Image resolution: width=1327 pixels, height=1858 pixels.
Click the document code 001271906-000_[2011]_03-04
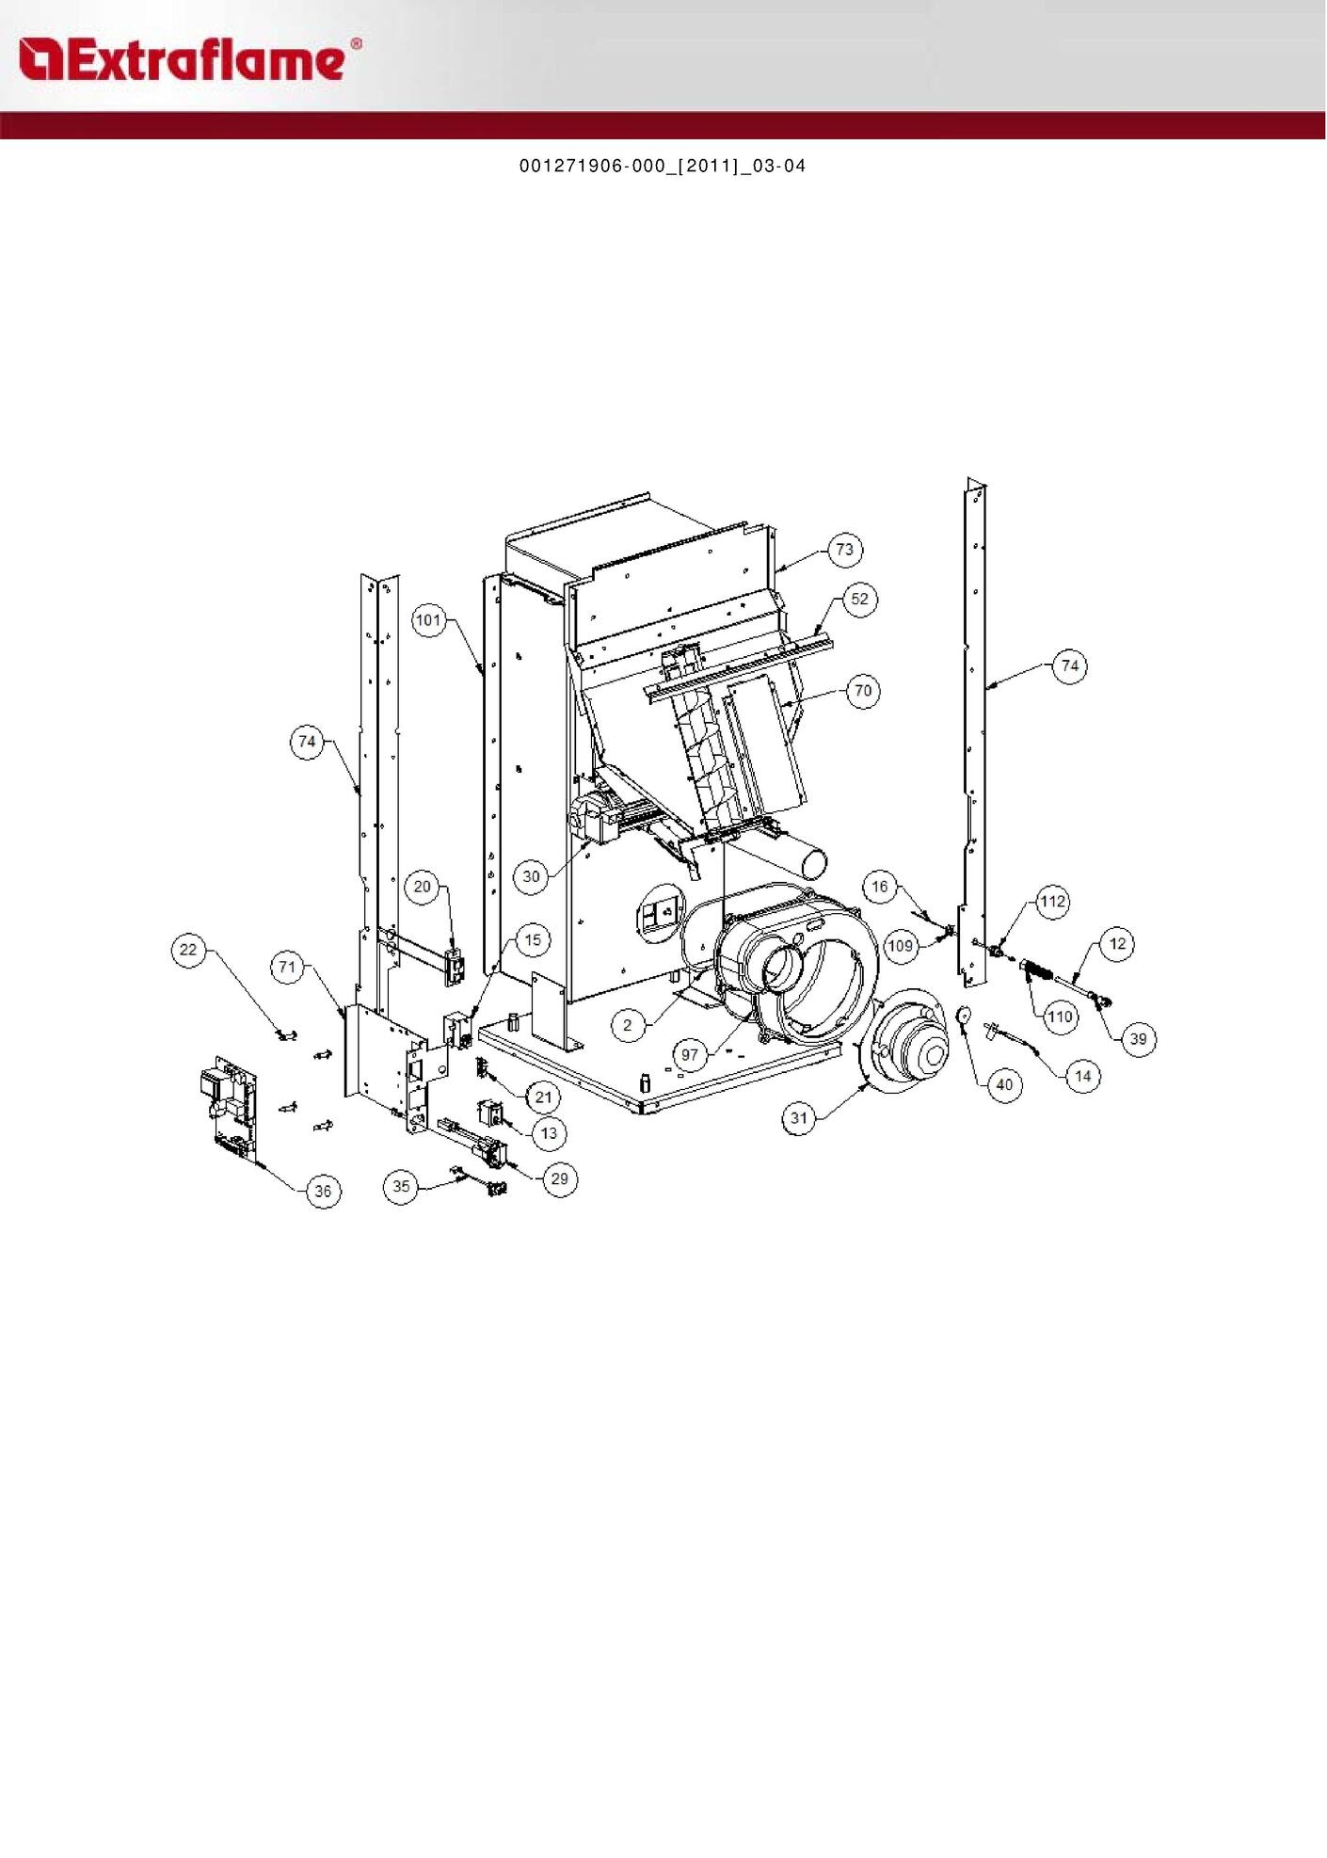pyautogui.click(x=663, y=167)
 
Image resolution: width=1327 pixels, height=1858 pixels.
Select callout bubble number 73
pyautogui.click(x=844, y=550)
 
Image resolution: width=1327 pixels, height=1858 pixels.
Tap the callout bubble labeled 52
pyautogui.click(x=859, y=600)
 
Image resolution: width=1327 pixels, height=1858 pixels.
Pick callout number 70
pyautogui.click(x=862, y=691)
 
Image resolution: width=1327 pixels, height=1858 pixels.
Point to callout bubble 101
pyautogui.click(x=429, y=620)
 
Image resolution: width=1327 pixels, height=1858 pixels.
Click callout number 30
pyautogui.click(x=531, y=876)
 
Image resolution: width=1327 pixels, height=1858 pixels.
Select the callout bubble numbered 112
pyautogui.click(x=1052, y=902)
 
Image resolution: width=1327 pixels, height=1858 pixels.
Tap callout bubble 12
pyautogui.click(x=1117, y=944)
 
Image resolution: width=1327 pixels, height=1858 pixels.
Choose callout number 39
pyautogui.click(x=1138, y=1039)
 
